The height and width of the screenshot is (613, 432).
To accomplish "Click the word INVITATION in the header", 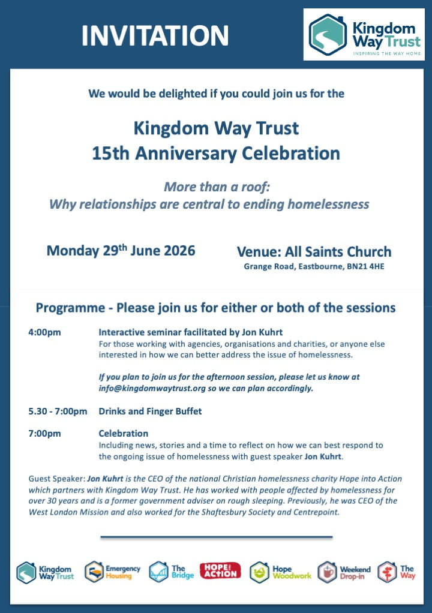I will (x=155, y=35).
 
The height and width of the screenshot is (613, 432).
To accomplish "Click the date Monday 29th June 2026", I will (x=121, y=250).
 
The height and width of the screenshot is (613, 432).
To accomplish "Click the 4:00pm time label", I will (x=44, y=332).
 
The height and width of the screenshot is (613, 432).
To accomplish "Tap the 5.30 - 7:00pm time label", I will (x=58, y=411).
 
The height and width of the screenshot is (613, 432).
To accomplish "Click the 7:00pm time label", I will (x=44, y=433).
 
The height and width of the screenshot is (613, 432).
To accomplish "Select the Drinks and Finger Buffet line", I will (x=150, y=411).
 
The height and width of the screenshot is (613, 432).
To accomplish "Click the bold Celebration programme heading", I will (x=123, y=433).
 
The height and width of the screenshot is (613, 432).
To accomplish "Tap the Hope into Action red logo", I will (x=220, y=570).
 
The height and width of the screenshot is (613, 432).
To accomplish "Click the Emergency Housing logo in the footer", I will (x=113, y=572).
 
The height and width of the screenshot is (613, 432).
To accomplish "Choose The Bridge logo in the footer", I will (x=172, y=572).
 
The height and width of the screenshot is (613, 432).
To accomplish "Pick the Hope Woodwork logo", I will (x=280, y=572).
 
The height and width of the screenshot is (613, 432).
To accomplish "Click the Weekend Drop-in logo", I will (x=344, y=572).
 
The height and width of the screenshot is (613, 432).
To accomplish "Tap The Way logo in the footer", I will (x=397, y=572).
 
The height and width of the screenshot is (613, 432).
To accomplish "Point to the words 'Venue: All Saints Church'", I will (x=314, y=252).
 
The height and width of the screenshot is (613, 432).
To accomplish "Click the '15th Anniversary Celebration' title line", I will (x=215, y=153).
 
